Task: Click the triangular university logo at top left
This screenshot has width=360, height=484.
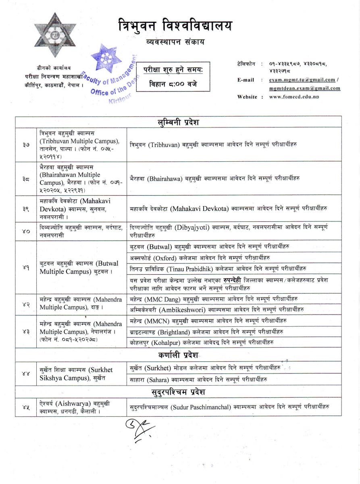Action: click(49, 35)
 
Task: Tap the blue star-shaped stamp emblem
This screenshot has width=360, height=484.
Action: click(106, 58)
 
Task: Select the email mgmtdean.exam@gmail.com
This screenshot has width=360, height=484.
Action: click(304, 88)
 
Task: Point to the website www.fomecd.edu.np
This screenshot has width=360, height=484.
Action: click(294, 97)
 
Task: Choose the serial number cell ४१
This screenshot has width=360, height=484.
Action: click(26, 268)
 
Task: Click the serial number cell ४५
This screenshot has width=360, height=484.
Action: click(26, 407)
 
